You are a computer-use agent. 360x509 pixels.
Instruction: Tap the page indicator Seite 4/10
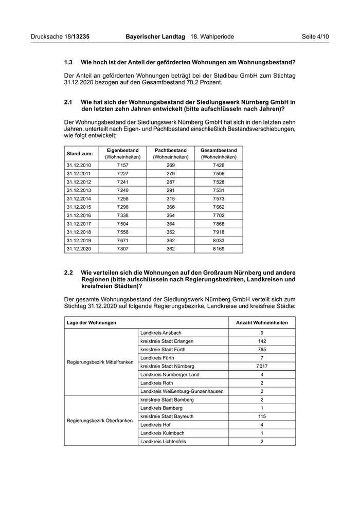(x=315, y=37)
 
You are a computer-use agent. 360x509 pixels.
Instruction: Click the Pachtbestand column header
(x=171, y=153)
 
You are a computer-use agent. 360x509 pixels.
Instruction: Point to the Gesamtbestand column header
(x=219, y=153)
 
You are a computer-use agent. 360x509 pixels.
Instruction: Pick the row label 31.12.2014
(x=79, y=198)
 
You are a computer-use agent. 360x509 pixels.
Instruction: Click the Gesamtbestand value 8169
(x=219, y=248)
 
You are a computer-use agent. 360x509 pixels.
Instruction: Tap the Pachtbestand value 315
(x=171, y=198)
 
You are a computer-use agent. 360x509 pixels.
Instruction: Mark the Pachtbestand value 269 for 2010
(x=171, y=165)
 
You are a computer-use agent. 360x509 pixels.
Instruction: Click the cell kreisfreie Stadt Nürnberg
(x=167, y=366)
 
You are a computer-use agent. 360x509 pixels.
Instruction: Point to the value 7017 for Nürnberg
(x=262, y=366)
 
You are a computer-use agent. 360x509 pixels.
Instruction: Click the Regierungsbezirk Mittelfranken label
(x=100, y=362)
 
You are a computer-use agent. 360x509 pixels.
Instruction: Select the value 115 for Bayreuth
(x=262, y=416)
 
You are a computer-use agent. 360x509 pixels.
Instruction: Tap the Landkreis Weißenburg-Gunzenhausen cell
(x=182, y=391)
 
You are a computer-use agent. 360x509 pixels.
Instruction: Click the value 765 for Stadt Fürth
(x=262, y=349)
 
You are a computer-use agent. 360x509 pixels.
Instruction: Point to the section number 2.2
(x=68, y=272)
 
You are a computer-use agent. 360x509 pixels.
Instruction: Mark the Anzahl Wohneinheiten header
(x=262, y=322)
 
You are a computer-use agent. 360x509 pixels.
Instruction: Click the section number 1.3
(x=68, y=62)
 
